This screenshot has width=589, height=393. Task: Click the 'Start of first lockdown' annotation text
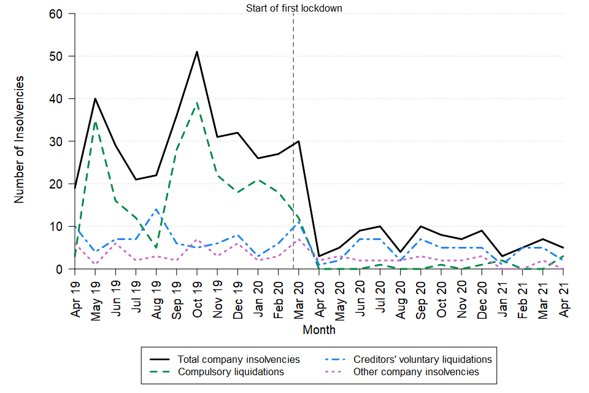click(294, 8)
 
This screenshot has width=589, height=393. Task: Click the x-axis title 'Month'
click(319, 330)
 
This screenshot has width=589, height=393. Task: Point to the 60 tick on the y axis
click(61, 14)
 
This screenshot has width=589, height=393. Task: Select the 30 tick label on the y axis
click(61, 141)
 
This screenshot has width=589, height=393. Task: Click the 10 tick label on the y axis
click(61, 227)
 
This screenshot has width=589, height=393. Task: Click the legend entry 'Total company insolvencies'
click(239, 359)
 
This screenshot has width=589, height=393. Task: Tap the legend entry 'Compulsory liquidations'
click(231, 372)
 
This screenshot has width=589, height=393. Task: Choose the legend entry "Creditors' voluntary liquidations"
click(423, 359)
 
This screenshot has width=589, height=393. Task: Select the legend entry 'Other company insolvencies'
click(416, 372)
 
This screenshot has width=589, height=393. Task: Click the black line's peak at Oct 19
click(197, 52)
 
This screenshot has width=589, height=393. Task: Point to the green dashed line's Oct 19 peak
click(197, 103)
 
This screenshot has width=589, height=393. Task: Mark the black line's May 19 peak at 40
click(96, 99)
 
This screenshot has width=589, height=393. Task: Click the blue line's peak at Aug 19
click(156, 209)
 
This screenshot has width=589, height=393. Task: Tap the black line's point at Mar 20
click(299, 141)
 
